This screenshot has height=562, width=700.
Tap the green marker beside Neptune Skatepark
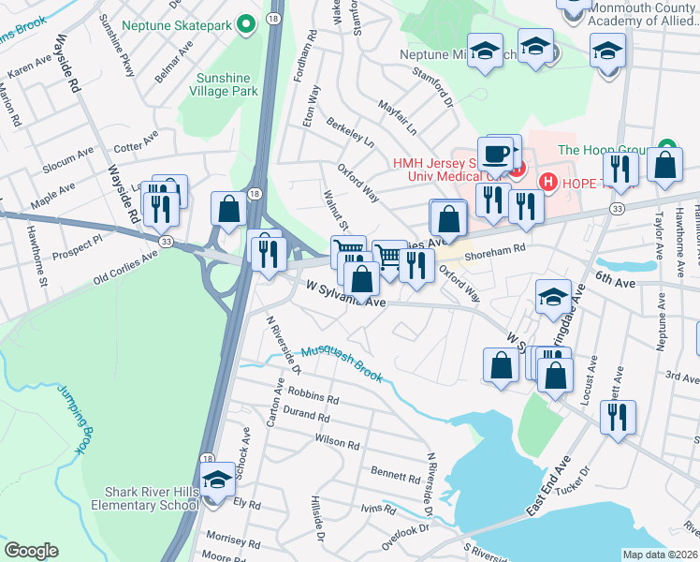tap(246, 22)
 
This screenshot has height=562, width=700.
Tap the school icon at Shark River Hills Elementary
tap(218, 479)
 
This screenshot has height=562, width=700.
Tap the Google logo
tap(31, 551)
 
